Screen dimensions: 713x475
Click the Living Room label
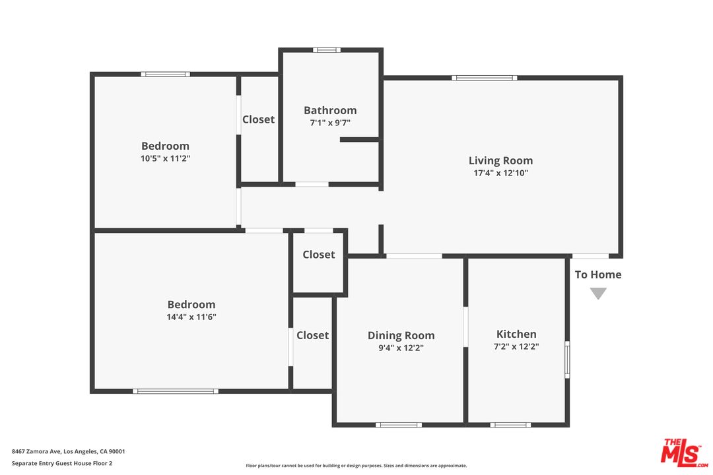tap(500, 160)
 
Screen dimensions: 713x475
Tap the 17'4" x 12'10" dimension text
tap(500, 173)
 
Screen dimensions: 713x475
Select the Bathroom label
tap(330, 110)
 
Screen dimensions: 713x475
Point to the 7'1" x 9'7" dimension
tap(330, 123)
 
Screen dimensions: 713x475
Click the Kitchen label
tap(516, 334)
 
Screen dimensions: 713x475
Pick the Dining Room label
tap(401, 335)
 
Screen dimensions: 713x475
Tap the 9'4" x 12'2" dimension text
tap(401, 348)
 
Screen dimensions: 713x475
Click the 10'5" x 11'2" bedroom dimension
tap(165, 158)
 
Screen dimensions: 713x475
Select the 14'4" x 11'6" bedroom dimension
tap(191, 317)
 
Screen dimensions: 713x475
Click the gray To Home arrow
tap(598, 293)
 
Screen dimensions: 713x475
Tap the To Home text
tap(598, 274)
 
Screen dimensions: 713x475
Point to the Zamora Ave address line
tap(68, 451)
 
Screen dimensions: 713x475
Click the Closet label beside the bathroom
tap(258, 119)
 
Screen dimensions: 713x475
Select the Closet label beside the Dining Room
tap(312, 335)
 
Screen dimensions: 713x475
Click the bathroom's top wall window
tap(327, 50)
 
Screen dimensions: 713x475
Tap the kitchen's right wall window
tap(567, 360)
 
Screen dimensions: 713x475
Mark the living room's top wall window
tap(485, 78)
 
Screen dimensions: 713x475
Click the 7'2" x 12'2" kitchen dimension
tap(516, 346)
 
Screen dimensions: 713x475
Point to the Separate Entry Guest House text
tap(62, 463)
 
